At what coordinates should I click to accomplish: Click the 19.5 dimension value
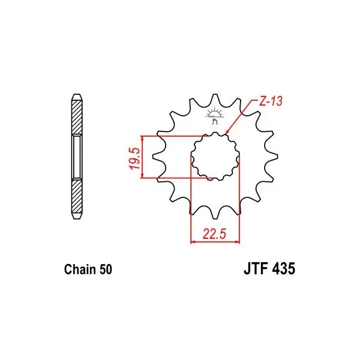pyautogui.click(x=135, y=158)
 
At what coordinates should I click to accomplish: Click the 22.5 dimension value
pyautogui.click(x=214, y=234)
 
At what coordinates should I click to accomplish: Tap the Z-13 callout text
pyautogui.click(x=271, y=101)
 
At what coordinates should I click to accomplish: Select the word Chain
pyautogui.click(x=80, y=269)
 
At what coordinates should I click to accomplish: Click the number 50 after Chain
pyautogui.click(x=106, y=269)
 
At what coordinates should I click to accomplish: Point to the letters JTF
pyautogui.click(x=255, y=269)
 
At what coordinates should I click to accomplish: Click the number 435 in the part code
pyautogui.click(x=283, y=269)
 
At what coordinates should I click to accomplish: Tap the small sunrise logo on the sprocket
pyautogui.click(x=215, y=115)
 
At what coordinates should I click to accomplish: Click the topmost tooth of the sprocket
pyautogui.click(x=215, y=98)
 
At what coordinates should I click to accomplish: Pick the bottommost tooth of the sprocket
pyautogui.click(x=215, y=214)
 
